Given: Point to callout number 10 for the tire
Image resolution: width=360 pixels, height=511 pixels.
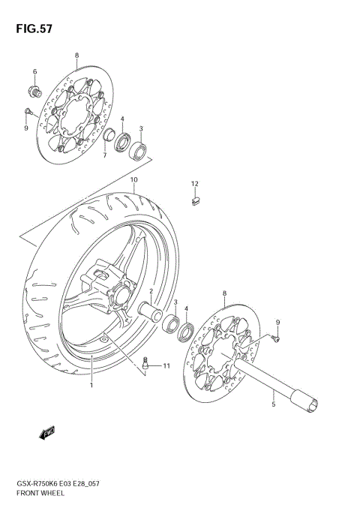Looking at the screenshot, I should pos(133,180).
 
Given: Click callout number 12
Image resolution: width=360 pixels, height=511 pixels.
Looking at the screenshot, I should pos(194,183).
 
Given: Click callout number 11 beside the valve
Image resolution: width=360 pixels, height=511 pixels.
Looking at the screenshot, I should pos(166,365).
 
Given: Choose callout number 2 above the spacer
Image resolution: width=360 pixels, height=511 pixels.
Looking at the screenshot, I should pos(151,291).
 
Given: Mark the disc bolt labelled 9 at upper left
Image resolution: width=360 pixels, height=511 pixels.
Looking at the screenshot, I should pos(27,112).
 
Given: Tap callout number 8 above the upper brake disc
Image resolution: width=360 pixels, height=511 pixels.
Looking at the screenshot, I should pos(76,56).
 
